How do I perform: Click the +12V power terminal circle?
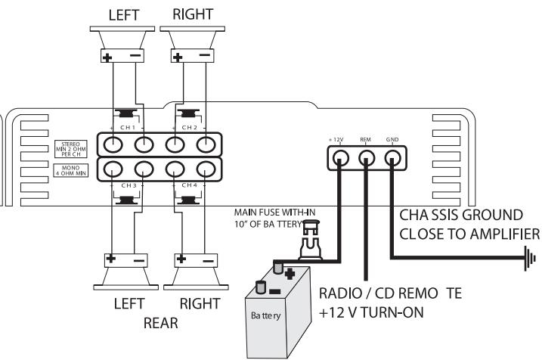[341, 157]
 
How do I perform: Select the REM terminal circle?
[367, 157]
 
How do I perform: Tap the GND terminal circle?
[392, 157]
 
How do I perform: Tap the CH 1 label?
[126, 128]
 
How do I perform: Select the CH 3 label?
[126, 185]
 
